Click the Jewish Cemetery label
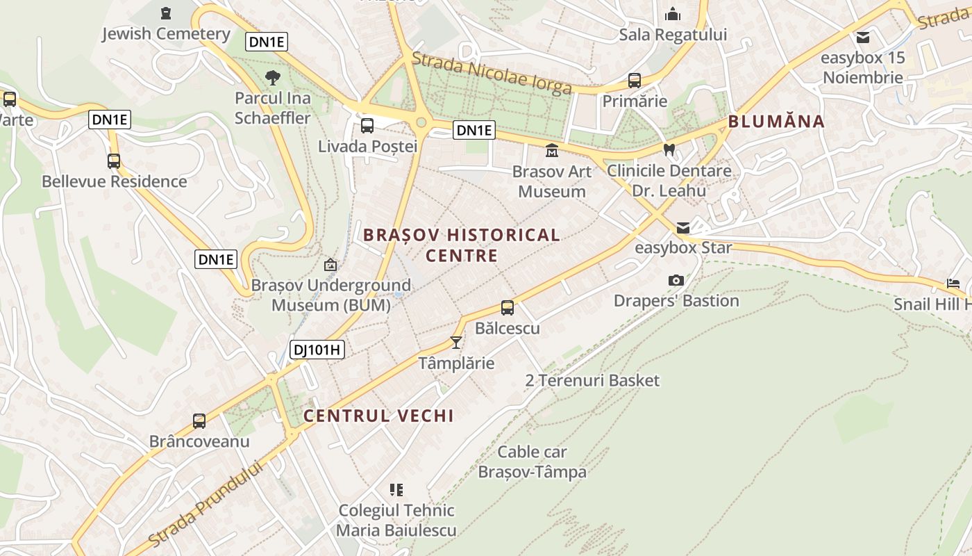[166, 33]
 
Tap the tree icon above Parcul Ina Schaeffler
[272, 77]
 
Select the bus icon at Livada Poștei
[367, 126]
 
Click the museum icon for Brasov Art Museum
[552, 150]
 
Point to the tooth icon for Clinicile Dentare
[669, 149]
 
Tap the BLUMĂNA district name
[776, 122]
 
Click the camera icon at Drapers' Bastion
[676, 280]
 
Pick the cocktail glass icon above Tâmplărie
[456, 342]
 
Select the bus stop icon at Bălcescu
[508, 307]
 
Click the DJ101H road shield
[317, 350]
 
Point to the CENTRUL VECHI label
[378, 416]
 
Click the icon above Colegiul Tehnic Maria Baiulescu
[396, 490]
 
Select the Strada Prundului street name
[206, 504]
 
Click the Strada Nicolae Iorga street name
[492, 72]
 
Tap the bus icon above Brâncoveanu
[199, 420]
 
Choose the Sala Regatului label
[673, 35]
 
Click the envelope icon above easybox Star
[683, 227]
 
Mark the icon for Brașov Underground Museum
[330, 265]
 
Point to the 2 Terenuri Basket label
[592, 380]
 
